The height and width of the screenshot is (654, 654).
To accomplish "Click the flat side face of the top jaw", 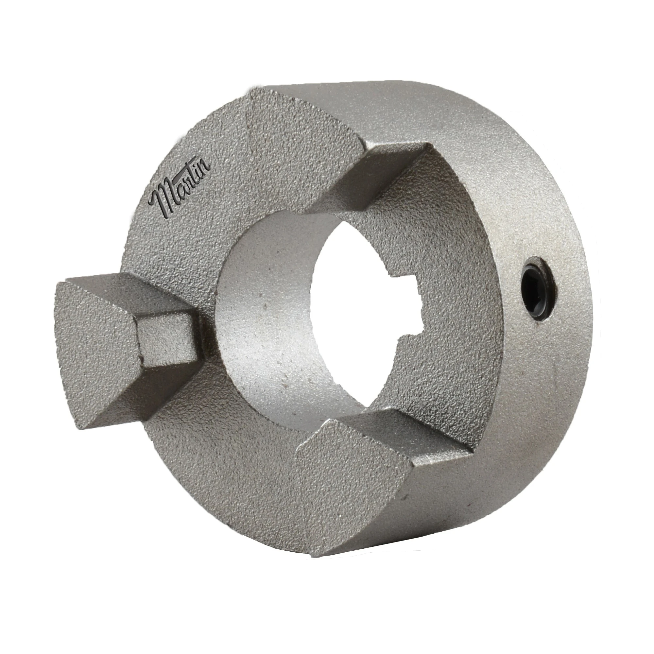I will point(372,176).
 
